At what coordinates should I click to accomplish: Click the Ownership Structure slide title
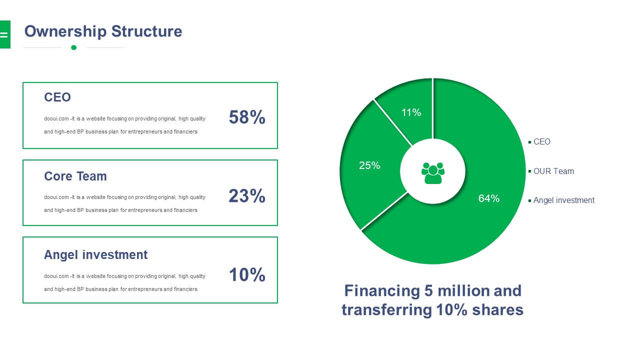(x=103, y=31)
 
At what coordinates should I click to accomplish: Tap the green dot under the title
(x=73, y=47)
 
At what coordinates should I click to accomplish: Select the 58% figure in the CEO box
(x=247, y=117)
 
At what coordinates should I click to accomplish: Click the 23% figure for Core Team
(x=247, y=196)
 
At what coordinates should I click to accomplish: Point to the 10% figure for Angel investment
(x=247, y=275)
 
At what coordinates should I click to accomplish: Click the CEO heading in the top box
(x=57, y=97)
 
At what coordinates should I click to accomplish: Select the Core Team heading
(x=75, y=176)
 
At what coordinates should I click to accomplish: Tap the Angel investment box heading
(x=95, y=255)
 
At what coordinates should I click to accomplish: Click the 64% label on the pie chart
(x=489, y=198)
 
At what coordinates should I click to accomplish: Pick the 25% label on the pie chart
(x=369, y=165)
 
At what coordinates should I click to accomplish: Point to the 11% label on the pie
(x=411, y=112)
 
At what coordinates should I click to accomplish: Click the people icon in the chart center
(x=433, y=173)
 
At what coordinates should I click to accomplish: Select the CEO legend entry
(x=539, y=141)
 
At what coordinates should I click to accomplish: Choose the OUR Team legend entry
(x=551, y=171)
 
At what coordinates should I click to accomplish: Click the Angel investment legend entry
(x=561, y=200)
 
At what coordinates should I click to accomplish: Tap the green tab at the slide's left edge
(x=5, y=34)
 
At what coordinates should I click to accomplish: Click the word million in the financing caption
(x=463, y=291)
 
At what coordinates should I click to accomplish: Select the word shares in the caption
(x=497, y=310)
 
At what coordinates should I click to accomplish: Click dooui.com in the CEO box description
(x=56, y=118)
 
